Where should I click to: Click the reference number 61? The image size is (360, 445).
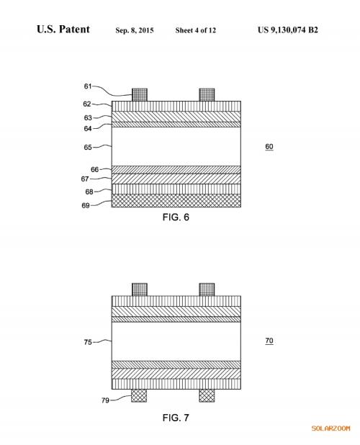[x=88, y=86]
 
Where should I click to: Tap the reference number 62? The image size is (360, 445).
[x=87, y=104]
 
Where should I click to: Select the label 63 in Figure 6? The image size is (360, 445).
[x=88, y=118]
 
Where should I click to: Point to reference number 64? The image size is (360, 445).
[x=88, y=129]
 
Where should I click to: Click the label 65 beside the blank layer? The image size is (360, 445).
[x=88, y=148]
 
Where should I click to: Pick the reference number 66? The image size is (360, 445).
[x=94, y=169]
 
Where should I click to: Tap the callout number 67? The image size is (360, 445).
[x=85, y=179]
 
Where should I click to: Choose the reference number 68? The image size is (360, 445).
[x=89, y=192]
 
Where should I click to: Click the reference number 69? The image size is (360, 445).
[x=86, y=205]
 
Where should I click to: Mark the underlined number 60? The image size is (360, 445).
[x=269, y=147]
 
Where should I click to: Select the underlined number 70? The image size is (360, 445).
[x=269, y=341]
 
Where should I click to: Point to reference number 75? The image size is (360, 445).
[x=88, y=342]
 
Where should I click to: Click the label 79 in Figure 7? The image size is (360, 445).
[x=105, y=400]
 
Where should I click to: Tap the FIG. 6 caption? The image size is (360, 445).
[x=176, y=217]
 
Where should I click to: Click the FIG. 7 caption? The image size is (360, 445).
[x=176, y=418]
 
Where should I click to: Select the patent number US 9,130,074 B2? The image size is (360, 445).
[x=288, y=30]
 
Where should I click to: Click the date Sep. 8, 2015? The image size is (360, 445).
[x=135, y=30]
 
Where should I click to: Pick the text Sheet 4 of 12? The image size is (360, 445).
[x=195, y=30]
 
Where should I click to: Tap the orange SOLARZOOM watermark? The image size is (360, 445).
[x=330, y=428]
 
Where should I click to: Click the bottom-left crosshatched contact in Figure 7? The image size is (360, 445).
[x=139, y=395]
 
